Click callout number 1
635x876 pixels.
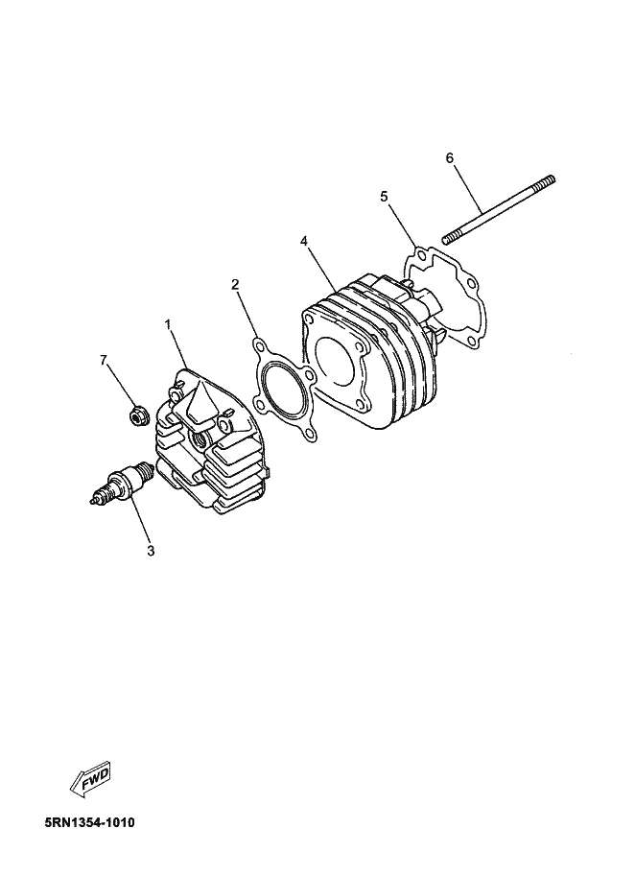(168, 324)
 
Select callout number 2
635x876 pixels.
(235, 284)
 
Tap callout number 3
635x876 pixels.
(151, 551)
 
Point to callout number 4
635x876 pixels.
(304, 241)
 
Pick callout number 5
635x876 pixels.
(384, 196)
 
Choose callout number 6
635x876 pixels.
(450, 158)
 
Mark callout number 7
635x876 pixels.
(104, 361)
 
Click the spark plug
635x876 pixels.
(123, 482)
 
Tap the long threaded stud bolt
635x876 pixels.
(499, 209)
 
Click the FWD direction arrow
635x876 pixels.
(90, 777)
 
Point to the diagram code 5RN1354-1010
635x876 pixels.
(89, 823)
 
